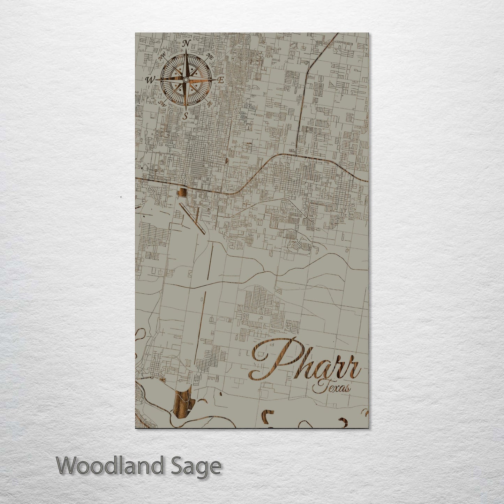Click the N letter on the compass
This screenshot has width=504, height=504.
pyautogui.click(x=186, y=43)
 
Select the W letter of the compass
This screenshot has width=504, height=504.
pyautogui.click(x=150, y=80)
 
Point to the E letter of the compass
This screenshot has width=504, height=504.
pyautogui.click(x=220, y=80)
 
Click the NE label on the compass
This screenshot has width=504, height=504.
pyautogui.click(x=210, y=55)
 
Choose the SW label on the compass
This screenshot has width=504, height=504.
pyautogui.click(x=162, y=103)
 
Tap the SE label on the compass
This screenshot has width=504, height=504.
pyautogui.click(x=209, y=104)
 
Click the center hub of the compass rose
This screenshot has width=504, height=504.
pyautogui.click(x=186, y=80)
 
